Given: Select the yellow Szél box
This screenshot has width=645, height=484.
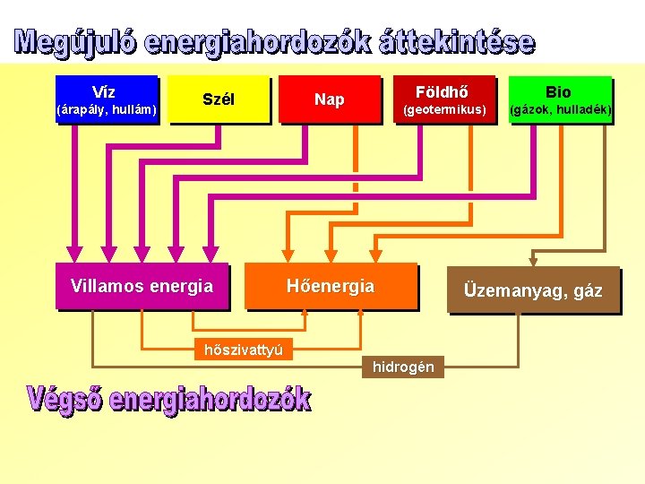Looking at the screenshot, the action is (x=219, y=99).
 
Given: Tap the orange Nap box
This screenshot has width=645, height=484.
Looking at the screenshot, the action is (x=329, y=99).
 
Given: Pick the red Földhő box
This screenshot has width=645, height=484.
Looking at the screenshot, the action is (x=443, y=99).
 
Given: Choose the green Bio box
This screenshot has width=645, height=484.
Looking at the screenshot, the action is (x=559, y=99).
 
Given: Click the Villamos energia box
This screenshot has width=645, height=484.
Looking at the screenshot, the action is (x=142, y=287).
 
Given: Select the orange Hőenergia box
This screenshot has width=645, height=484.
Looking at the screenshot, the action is (x=330, y=287).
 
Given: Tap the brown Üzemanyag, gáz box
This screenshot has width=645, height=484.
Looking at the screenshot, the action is (x=533, y=290).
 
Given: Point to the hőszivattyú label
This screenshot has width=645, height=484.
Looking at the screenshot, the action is (x=244, y=350).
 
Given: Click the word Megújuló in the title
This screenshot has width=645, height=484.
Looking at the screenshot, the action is (x=73, y=43).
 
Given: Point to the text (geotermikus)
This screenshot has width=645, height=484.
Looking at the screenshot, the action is (x=443, y=110).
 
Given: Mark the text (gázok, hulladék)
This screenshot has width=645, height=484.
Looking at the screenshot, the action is (x=560, y=110).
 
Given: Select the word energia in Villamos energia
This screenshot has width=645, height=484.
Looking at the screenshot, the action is (x=181, y=287).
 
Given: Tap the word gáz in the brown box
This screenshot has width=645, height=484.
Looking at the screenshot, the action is (x=588, y=291).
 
